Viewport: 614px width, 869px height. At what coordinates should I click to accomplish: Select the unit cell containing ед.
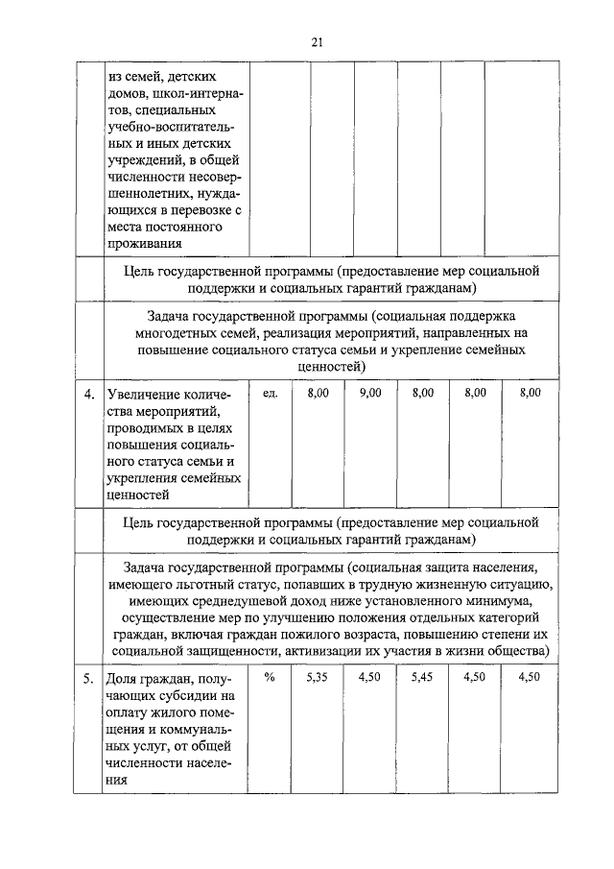pos(270,393)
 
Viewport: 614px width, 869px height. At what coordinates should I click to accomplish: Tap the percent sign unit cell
pos(270,678)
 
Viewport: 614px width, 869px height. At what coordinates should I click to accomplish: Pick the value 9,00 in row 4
pos(369,393)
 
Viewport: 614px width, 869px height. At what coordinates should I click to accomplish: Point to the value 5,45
pos(422,678)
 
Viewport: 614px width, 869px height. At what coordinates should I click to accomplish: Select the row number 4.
pos(88,394)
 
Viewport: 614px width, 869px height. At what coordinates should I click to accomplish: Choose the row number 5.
pos(88,679)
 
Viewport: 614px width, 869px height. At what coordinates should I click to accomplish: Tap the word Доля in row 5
pos(124,679)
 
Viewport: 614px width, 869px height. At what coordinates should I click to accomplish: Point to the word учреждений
pos(144,159)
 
